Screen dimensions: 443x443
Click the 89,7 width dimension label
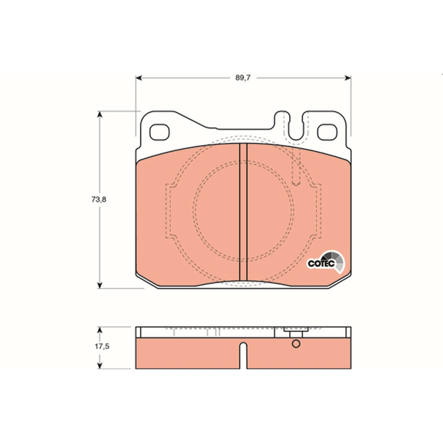tap(243, 78)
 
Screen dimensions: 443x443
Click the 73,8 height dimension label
tap(99, 199)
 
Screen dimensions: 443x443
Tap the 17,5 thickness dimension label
tap(102, 347)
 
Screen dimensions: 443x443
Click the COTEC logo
tap(326, 262)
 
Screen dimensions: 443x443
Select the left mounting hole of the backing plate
tap(159, 132)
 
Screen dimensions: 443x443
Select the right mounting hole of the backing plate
tap(327, 132)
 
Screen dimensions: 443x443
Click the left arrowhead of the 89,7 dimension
tap(138, 78)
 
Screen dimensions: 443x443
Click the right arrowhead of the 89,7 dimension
tap(348, 78)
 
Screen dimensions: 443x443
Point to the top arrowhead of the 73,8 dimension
tap(100, 114)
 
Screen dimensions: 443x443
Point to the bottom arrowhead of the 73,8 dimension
tap(100, 285)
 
